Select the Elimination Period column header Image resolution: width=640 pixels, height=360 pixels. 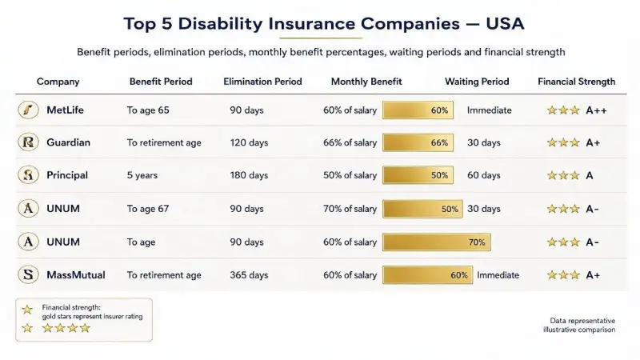coord(262,82)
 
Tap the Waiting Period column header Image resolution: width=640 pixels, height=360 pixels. coord(477,82)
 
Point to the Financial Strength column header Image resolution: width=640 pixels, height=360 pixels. coord(576,82)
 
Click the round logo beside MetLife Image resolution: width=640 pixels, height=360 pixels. coord(28,110)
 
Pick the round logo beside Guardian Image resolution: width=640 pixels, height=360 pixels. coord(28,142)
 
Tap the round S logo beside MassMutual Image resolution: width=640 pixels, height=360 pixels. coord(28,274)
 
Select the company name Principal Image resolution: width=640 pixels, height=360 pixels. coord(67,175)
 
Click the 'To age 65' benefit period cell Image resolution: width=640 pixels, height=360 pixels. coord(148,110)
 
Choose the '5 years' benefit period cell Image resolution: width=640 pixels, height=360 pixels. coord(142,175)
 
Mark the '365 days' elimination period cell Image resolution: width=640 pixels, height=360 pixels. coord(249,275)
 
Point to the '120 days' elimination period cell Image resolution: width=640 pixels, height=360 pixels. coord(249,143)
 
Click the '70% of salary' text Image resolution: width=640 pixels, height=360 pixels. coord(350,209)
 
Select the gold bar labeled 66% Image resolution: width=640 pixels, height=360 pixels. coord(418,143)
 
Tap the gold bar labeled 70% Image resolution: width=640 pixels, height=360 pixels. coord(437,242)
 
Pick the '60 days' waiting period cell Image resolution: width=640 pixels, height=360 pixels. coord(484,175)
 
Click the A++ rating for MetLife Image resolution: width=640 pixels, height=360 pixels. coord(596,110)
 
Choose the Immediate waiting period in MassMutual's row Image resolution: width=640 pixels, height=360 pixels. coord(498,275)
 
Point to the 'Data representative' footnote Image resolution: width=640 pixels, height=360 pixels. coord(582,321)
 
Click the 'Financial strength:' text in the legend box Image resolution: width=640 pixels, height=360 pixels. coord(71,307)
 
